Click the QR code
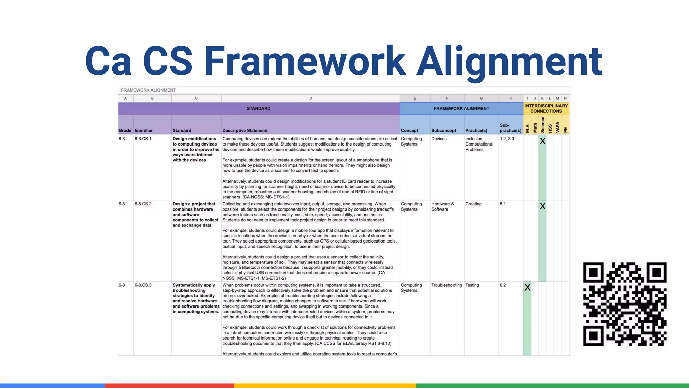pyautogui.click(x=625, y=304)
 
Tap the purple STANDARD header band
pyautogui.click(x=259, y=108)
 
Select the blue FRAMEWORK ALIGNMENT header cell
pyautogui.click(x=461, y=108)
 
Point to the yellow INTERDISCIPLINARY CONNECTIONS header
pyautogui.click(x=546, y=108)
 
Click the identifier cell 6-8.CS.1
pyautogui.click(x=143, y=139)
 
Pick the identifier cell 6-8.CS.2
pyautogui.click(x=143, y=204)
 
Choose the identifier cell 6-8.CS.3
pyautogui.click(x=143, y=285)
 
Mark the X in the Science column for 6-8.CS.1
pyautogui.click(x=542, y=141)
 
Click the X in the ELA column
pyautogui.click(x=527, y=288)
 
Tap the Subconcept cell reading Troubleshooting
pyautogui.click(x=446, y=285)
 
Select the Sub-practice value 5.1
pyautogui.click(x=503, y=204)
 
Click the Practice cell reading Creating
pyautogui.click(x=473, y=204)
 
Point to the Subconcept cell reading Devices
pyautogui.click(x=439, y=139)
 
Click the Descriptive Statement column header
pyautogui.click(x=245, y=130)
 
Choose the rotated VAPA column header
pyautogui.click(x=557, y=127)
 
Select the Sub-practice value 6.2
pyautogui.click(x=503, y=285)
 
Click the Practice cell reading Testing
pyautogui.click(x=472, y=285)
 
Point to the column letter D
pyautogui.click(x=311, y=98)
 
